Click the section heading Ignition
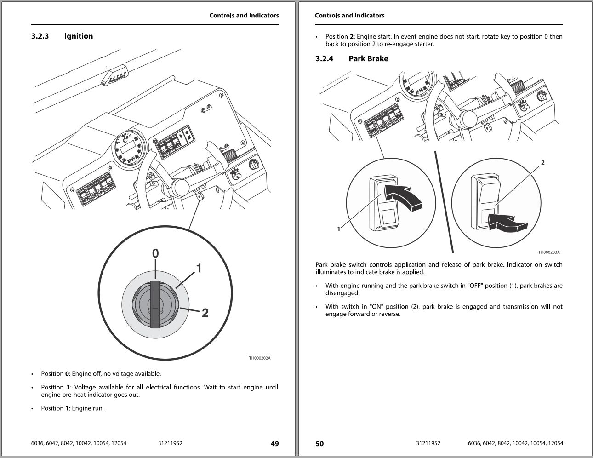(78, 36)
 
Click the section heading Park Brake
(368, 59)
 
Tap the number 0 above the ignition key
(155, 253)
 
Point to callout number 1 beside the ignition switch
(199, 268)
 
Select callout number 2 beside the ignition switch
(205, 313)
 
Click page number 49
(274, 444)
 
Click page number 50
(319, 444)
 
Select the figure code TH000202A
(260, 358)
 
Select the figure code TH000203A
(549, 252)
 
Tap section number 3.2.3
(40, 36)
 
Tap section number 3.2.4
(324, 59)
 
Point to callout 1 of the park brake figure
(339, 229)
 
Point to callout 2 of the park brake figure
(543, 162)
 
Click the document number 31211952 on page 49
(170, 444)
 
